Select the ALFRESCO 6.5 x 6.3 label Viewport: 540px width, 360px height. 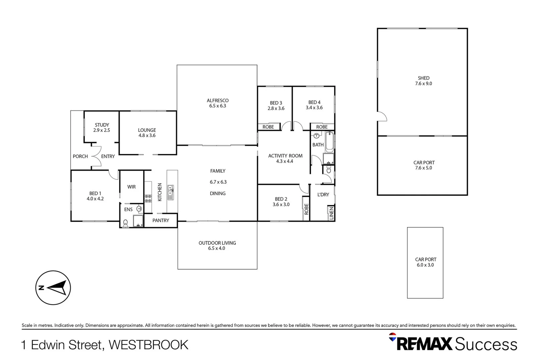[218, 103]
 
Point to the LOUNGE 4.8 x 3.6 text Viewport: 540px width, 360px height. [147, 133]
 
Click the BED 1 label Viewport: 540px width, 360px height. [95, 196]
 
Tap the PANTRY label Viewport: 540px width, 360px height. [161, 220]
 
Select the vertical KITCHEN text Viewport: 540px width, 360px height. [160, 192]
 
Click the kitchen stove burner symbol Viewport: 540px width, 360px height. [148, 198]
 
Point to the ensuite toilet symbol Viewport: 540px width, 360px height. [126, 223]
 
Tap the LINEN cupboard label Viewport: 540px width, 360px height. [331, 213]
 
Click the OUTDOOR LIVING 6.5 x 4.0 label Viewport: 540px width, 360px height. [217, 245]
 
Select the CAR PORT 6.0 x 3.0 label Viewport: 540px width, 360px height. [425, 262]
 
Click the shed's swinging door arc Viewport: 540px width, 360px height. [382, 116]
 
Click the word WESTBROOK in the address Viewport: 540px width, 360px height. [149, 345]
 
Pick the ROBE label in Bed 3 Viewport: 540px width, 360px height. [268, 127]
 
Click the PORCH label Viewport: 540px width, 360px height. [80, 156]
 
